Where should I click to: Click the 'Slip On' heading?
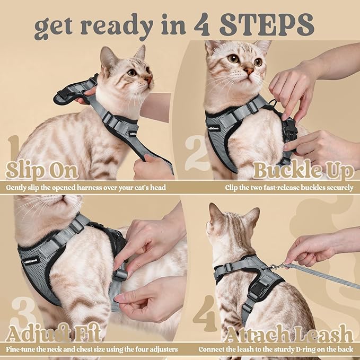(x=42, y=171)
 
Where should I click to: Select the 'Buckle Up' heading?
(x=303, y=171)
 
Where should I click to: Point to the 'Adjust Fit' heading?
(x=55, y=335)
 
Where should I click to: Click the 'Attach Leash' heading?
(x=288, y=335)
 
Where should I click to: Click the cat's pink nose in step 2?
(x=248, y=71)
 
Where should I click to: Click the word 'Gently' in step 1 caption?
(x=17, y=187)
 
